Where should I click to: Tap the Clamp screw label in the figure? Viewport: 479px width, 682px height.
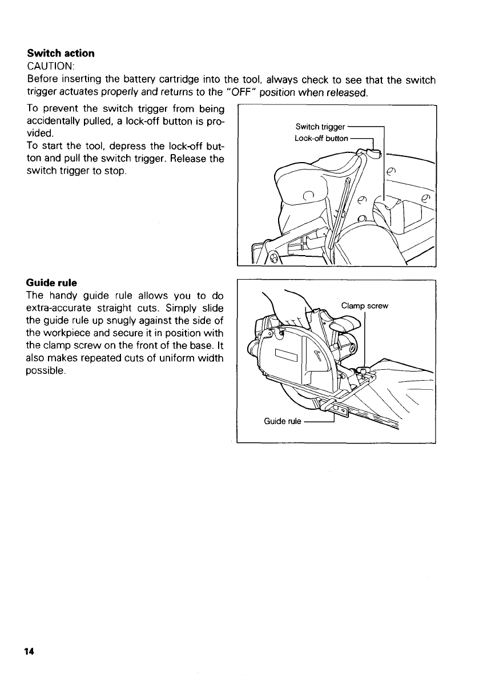(364, 306)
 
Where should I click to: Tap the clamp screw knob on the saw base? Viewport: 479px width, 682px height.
(363, 372)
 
